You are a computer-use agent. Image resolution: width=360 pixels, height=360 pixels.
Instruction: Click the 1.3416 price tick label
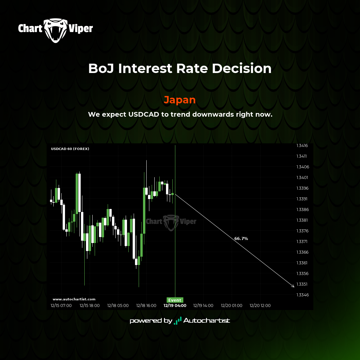pyautogui.click(x=302, y=146)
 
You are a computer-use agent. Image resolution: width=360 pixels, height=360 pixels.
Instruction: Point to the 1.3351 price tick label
pyautogui.click(x=302, y=284)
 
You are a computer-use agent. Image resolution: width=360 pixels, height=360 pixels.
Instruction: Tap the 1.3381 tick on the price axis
pyautogui.click(x=302, y=220)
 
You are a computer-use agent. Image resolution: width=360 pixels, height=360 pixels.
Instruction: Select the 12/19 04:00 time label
pyautogui.click(x=175, y=306)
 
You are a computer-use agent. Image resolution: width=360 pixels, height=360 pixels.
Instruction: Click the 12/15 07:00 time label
pyautogui.click(x=61, y=306)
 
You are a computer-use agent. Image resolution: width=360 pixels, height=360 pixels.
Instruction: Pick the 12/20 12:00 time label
pyautogui.click(x=260, y=306)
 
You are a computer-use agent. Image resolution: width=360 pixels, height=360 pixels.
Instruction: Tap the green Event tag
pyautogui.click(x=175, y=300)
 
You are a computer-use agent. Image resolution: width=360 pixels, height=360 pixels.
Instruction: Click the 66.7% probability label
pyautogui.click(x=241, y=239)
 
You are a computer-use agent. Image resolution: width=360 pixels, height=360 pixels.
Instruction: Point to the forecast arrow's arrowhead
pyautogui.click(x=294, y=287)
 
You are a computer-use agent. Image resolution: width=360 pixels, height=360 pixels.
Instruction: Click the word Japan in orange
pyautogui.click(x=180, y=100)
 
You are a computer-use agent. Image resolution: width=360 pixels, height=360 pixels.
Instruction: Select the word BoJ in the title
pyautogui.click(x=101, y=68)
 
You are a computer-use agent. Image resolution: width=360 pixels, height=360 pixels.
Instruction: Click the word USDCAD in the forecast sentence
pyautogui.click(x=144, y=114)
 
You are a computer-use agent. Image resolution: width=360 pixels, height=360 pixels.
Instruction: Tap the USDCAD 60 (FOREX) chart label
pyautogui.click(x=70, y=149)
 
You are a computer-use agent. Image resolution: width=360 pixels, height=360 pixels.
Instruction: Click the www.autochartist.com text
pyautogui.click(x=74, y=299)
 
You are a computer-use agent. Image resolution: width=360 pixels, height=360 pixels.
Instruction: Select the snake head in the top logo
pyautogui.click(x=56, y=31)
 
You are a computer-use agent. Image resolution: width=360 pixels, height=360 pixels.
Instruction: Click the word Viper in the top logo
pyautogui.click(x=81, y=29)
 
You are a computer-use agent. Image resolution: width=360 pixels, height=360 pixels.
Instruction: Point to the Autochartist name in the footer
pyautogui.click(x=207, y=321)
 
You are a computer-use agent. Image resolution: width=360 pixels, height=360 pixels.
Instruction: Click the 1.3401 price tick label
pyautogui.click(x=302, y=177)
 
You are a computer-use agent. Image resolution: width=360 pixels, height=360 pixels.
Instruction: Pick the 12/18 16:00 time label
pyautogui.click(x=146, y=306)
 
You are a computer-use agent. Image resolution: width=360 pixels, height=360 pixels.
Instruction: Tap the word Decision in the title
pyautogui.click(x=242, y=68)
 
